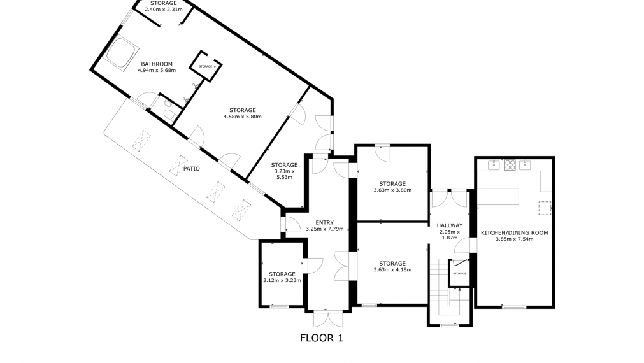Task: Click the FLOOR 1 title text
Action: [321, 338]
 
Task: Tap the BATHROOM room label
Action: [157, 64]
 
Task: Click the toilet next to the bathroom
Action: [169, 114]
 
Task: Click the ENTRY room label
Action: [324, 222]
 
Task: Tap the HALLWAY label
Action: [449, 225]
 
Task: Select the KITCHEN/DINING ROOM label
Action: [514, 233]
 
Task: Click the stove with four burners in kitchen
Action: [510, 165]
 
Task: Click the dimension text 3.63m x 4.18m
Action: [392, 269]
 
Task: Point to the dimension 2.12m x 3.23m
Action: [281, 280]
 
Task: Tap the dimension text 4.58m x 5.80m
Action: [243, 117]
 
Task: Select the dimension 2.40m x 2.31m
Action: [164, 10]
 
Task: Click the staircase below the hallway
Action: [440, 283]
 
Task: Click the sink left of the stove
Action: [493, 166]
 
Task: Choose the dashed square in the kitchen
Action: [545, 208]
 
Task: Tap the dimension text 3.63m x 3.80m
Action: [392, 190]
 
